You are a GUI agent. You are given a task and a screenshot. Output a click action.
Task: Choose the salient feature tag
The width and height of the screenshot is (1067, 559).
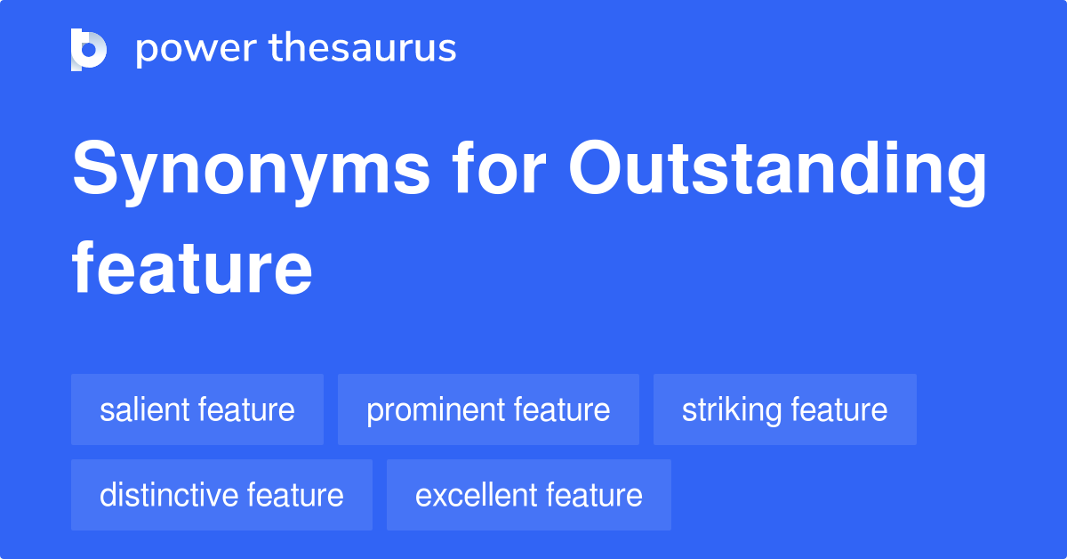(x=197, y=409)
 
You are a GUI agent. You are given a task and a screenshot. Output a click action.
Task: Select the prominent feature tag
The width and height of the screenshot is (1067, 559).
(x=488, y=409)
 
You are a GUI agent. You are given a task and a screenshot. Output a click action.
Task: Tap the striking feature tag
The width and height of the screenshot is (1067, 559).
(x=784, y=409)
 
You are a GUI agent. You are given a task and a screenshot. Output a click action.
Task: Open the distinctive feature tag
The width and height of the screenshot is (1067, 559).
(x=221, y=495)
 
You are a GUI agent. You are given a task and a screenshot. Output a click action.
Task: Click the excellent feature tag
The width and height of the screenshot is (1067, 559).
(x=528, y=495)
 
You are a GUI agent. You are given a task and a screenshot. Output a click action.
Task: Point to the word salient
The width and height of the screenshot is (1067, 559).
(x=145, y=409)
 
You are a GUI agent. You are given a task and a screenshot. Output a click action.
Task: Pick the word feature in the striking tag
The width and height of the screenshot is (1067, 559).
(x=839, y=409)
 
